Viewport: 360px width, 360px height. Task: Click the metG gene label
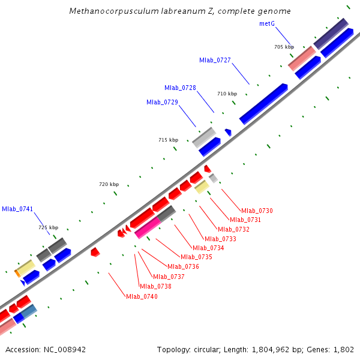point(268,23)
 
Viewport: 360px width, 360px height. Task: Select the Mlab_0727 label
point(215,60)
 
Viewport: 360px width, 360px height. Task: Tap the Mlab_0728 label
point(180,88)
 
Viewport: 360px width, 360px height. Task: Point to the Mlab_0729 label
point(162,102)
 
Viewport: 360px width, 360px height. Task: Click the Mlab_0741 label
point(17,209)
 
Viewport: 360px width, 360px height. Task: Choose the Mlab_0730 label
point(257,211)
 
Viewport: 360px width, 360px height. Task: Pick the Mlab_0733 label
point(220,239)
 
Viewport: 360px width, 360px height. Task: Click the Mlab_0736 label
point(183,266)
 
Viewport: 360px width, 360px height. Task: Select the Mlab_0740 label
point(142,296)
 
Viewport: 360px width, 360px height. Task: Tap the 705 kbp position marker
point(284,47)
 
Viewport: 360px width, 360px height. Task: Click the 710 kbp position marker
point(227,94)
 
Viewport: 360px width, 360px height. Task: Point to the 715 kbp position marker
point(168,140)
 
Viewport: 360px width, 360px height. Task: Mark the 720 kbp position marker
point(109,184)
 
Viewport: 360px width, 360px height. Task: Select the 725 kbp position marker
point(48,227)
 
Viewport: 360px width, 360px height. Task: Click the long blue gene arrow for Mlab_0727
point(263,103)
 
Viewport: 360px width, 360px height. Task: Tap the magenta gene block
point(148,227)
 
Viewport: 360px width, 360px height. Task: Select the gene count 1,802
point(344,349)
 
